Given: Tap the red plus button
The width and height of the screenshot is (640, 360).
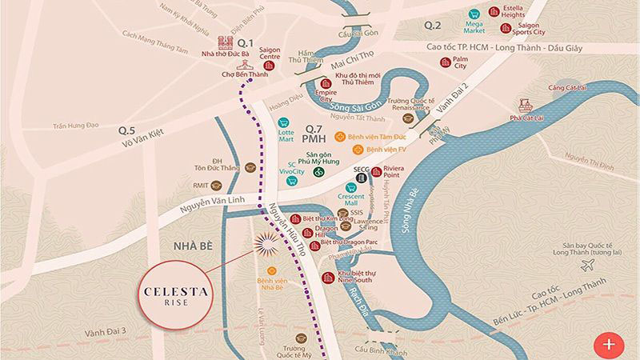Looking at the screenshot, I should (609, 344).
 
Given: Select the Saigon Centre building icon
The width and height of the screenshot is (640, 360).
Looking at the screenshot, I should (269, 65).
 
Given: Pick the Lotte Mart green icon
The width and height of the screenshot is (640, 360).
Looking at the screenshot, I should (282, 123).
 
